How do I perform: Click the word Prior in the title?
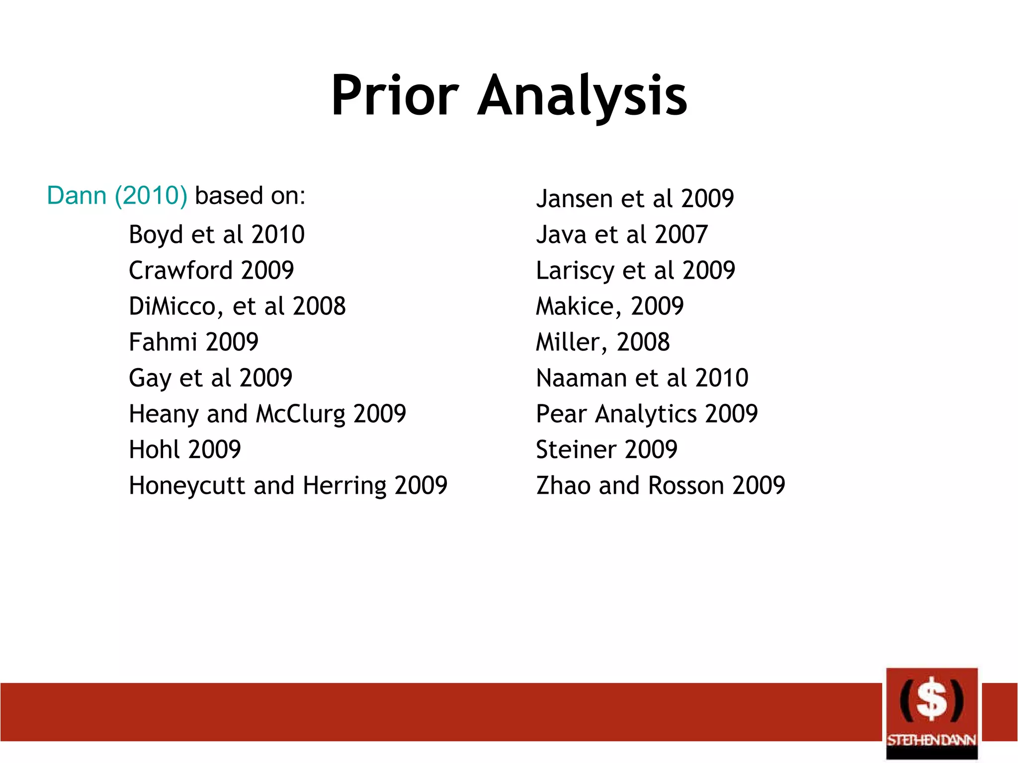coord(395,95)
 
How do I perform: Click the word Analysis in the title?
coord(582,95)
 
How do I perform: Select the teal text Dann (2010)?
coord(117,195)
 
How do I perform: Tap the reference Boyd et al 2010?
coord(217,234)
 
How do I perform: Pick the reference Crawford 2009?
coord(211,270)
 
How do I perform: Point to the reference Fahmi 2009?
coord(193,342)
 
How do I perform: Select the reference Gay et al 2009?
coord(210,378)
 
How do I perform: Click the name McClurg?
coord(300,414)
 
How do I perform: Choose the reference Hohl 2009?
coord(185,450)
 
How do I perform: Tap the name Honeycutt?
coord(187,486)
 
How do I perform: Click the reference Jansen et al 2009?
coord(635,199)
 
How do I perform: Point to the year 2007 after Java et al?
coord(681,234)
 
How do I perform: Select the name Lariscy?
coord(575,271)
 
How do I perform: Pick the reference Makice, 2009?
coord(609,306)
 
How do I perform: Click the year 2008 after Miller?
coord(643,342)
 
